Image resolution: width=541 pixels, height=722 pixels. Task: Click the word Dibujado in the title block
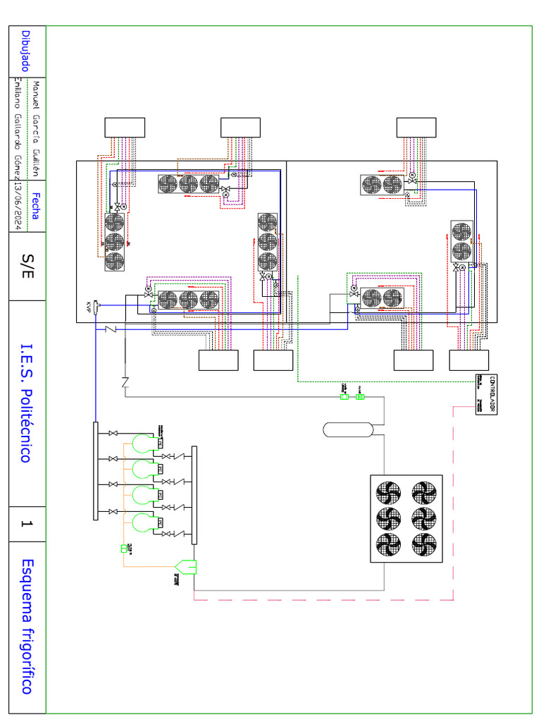click(25, 51)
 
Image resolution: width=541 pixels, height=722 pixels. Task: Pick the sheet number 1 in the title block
click(26, 524)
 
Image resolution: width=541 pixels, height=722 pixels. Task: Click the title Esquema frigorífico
click(26, 626)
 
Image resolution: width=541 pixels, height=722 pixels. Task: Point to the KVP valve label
click(89, 306)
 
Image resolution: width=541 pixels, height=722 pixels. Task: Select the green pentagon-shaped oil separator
click(187, 565)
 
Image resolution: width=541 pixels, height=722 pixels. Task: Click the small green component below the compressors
click(124, 548)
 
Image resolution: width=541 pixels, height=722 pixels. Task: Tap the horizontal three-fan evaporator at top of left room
click(188, 184)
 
